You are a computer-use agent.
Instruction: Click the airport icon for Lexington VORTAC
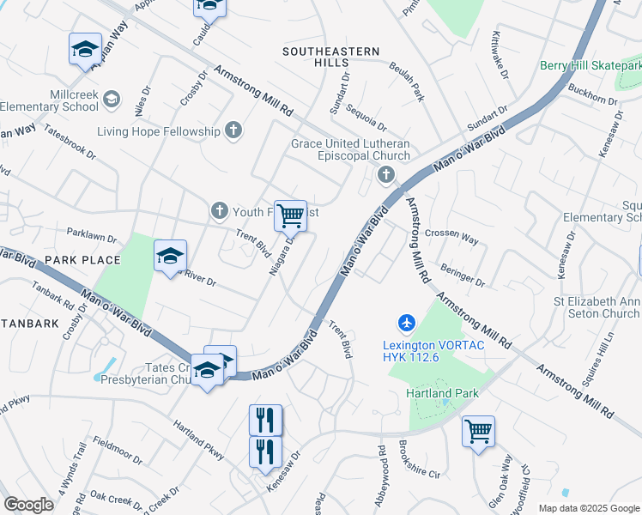coord(407,324)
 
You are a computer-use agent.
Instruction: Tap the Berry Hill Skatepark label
coord(591,65)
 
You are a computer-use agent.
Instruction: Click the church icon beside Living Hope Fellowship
coord(233,130)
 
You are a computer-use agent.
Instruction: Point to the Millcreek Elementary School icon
coord(111,100)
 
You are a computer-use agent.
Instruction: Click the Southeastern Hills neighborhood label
coord(331,51)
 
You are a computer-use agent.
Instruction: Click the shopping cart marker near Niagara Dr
coord(290,216)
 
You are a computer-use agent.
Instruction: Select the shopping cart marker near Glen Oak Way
coord(478,432)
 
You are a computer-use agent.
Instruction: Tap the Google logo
coord(28,505)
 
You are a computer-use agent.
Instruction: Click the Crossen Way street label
coord(451,233)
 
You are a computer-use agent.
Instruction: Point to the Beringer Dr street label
coord(463,276)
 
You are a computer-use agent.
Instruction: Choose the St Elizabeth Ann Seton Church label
coord(596,307)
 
